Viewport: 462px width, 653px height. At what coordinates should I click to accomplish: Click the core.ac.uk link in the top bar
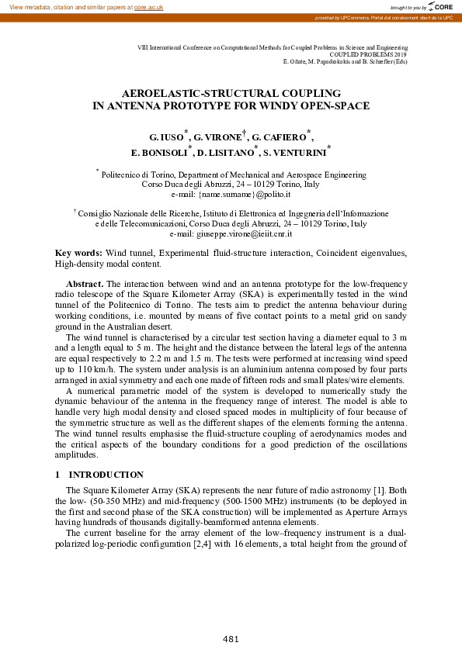(150, 6)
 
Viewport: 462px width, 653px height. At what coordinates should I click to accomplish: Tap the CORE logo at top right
(439, 7)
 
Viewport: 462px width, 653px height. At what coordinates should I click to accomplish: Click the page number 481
(231, 639)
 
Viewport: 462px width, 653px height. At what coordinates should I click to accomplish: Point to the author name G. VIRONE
(217, 137)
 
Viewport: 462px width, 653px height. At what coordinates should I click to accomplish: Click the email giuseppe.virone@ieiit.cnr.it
(231, 233)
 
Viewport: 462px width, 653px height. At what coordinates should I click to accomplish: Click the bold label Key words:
(78, 254)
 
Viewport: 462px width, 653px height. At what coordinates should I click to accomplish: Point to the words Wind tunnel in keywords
(132, 254)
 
